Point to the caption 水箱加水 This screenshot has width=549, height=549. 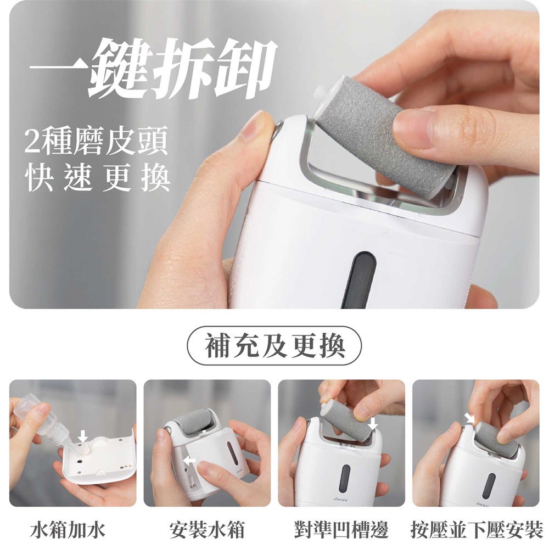(68, 529)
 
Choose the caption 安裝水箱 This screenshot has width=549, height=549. (207, 529)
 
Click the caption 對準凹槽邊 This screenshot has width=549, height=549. (341, 529)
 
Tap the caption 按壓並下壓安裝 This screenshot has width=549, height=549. (477, 529)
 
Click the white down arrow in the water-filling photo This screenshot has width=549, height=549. (83, 436)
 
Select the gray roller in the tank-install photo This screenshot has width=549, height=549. (196, 422)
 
